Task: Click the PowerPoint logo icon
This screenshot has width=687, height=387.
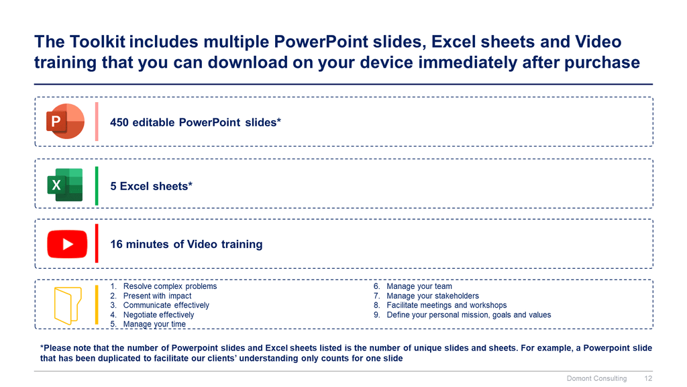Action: [x=65, y=121]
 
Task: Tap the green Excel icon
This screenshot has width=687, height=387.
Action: [x=65, y=185]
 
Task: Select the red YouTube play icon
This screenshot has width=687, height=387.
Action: [x=67, y=244]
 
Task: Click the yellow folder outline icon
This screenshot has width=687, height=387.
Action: [x=68, y=306]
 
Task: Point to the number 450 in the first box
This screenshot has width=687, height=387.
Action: [x=119, y=122]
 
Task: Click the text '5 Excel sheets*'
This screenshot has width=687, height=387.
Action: [x=151, y=186]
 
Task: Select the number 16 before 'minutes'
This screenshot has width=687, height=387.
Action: [x=116, y=244]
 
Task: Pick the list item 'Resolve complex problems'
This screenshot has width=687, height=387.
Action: [x=170, y=286]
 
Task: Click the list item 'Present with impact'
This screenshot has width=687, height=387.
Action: [x=157, y=296]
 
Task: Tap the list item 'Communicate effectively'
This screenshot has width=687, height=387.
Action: [x=166, y=305]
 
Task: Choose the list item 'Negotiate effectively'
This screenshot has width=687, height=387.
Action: [x=158, y=314]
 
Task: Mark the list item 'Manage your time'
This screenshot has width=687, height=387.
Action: [x=154, y=324]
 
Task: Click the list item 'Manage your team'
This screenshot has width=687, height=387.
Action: [x=419, y=286]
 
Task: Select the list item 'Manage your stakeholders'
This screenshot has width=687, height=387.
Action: [x=433, y=296]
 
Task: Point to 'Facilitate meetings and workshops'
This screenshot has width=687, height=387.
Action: [x=446, y=305]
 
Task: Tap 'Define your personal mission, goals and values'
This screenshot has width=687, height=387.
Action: [x=469, y=314]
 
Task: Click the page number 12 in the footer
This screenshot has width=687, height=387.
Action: [x=648, y=378]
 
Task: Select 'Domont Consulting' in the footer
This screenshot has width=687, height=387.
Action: [x=596, y=378]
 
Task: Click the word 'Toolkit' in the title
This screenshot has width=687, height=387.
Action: [x=97, y=42]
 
